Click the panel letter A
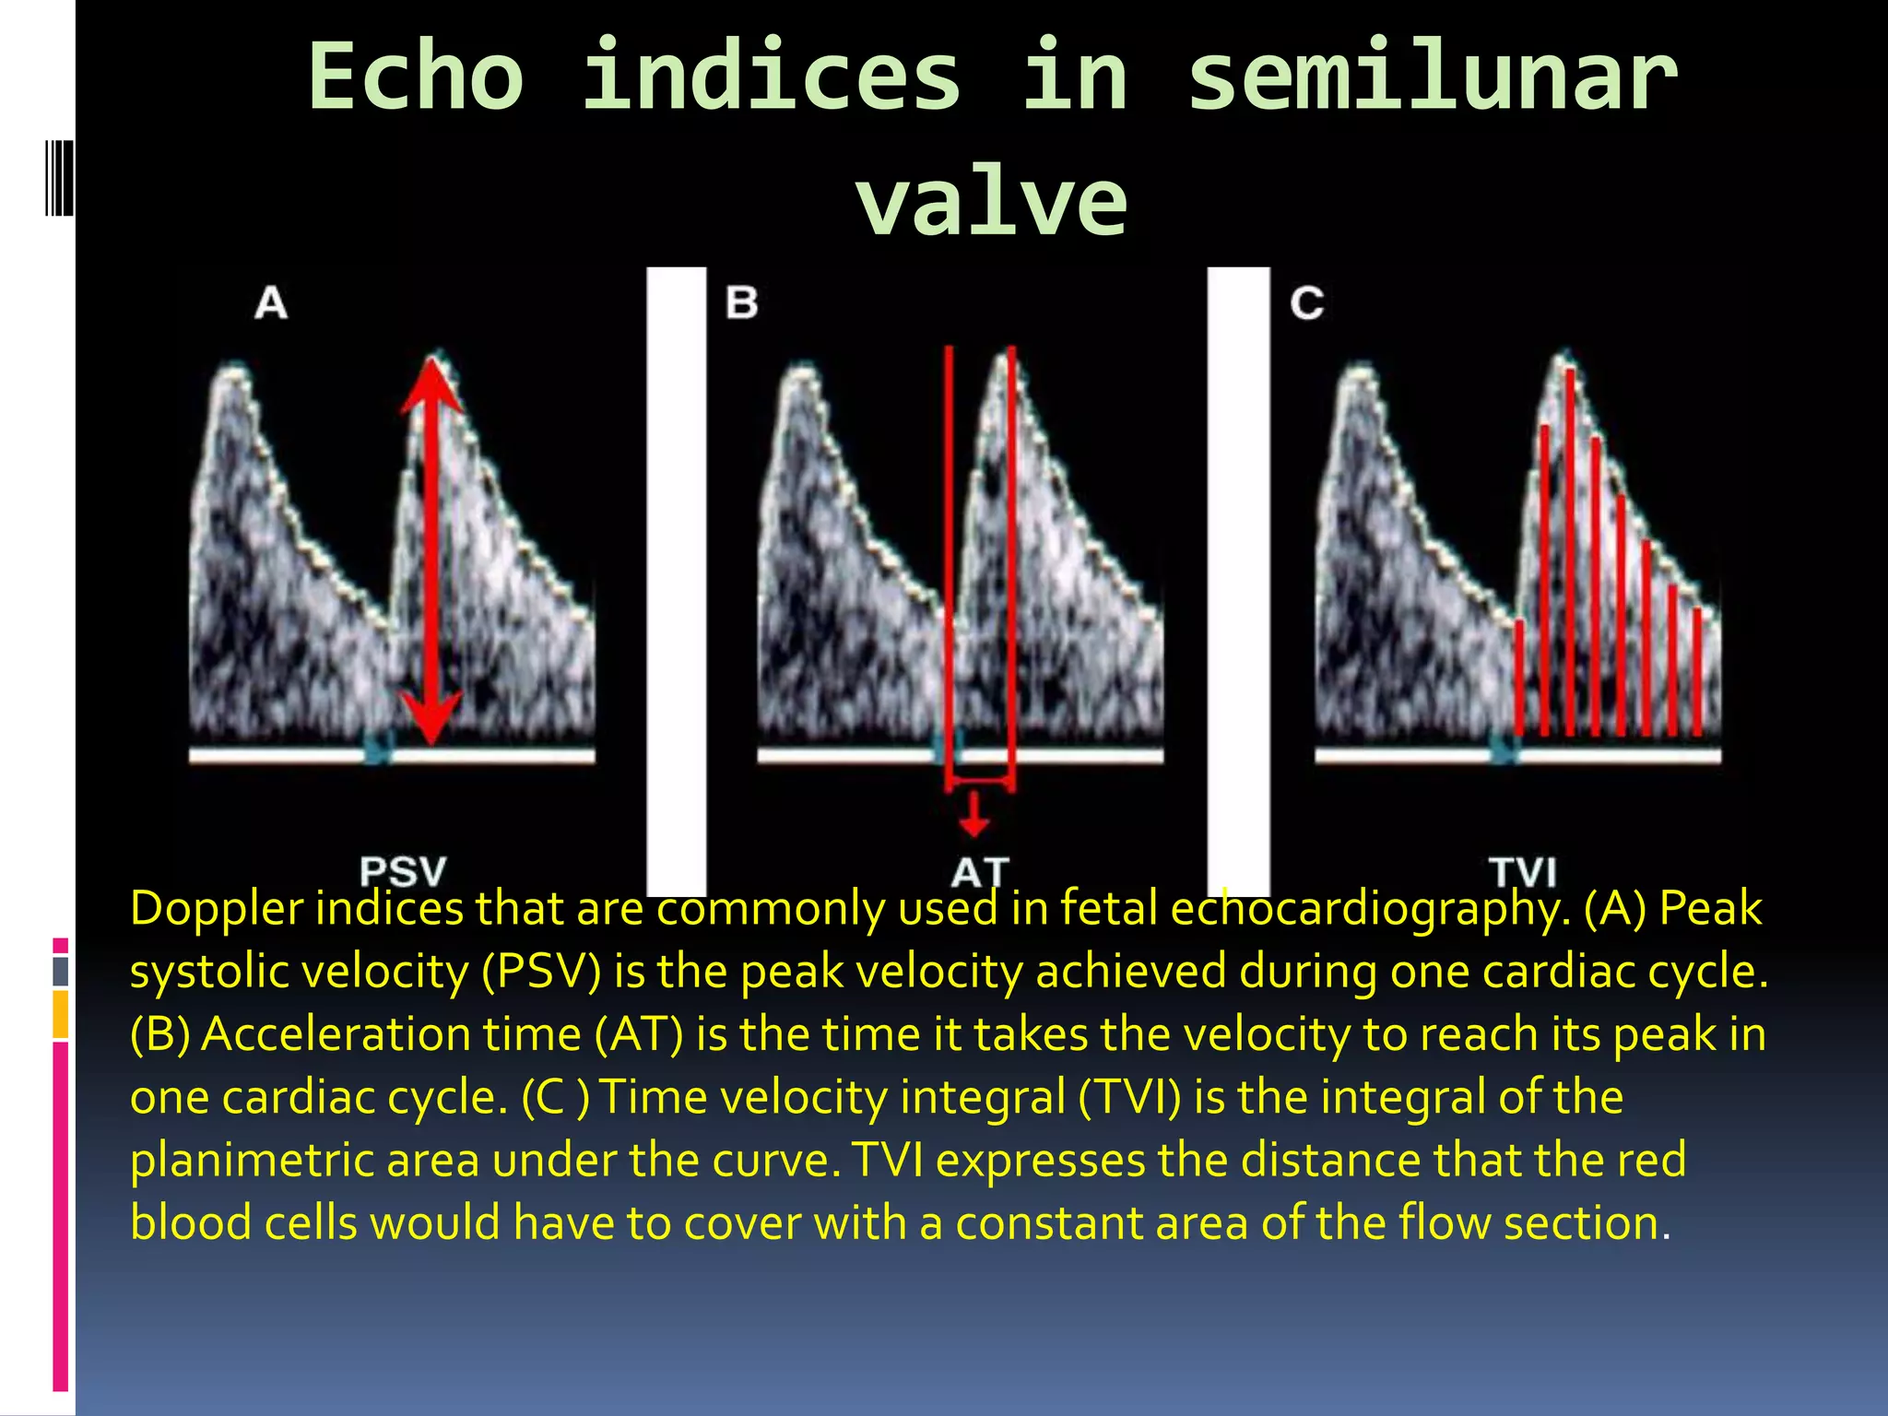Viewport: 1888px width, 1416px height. [271, 303]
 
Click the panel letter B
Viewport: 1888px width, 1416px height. [741, 303]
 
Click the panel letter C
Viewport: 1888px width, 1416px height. [1306, 303]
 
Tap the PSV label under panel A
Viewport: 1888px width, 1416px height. [403, 871]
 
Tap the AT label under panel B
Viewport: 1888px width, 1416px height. [980, 872]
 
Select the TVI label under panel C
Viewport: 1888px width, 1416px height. [1523, 872]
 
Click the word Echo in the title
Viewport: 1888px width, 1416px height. [416, 77]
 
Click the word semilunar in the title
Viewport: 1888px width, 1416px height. [1432, 77]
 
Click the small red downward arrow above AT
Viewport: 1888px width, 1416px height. [974, 816]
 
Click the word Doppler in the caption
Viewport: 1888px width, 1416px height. [217, 910]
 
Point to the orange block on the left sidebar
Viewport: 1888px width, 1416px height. [61, 1014]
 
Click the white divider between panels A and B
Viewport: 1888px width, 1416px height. [677, 581]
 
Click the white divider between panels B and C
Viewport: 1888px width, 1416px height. [1238, 581]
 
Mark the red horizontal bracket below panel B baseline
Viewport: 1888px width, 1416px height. [980, 783]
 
